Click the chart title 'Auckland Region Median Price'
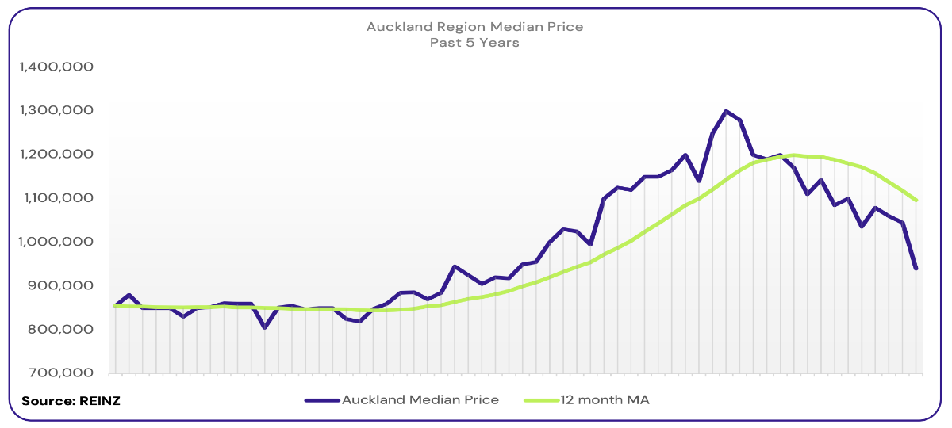[x=474, y=27]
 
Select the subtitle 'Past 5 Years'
[x=474, y=43]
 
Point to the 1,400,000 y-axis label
[x=56, y=67]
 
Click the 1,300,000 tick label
[x=56, y=111]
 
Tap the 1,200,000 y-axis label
[x=56, y=155]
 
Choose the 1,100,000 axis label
[x=56, y=198]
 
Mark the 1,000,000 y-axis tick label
[x=56, y=242]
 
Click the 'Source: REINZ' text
[x=71, y=401]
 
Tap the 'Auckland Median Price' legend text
[x=420, y=400]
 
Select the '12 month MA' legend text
[x=605, y=400]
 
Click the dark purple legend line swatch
[x=322, y=400]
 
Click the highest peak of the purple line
[x=726, y=112]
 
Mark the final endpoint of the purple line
[x=916, y=269]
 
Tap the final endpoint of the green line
[x=916, y=201]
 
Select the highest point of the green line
[x=793, y=155]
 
